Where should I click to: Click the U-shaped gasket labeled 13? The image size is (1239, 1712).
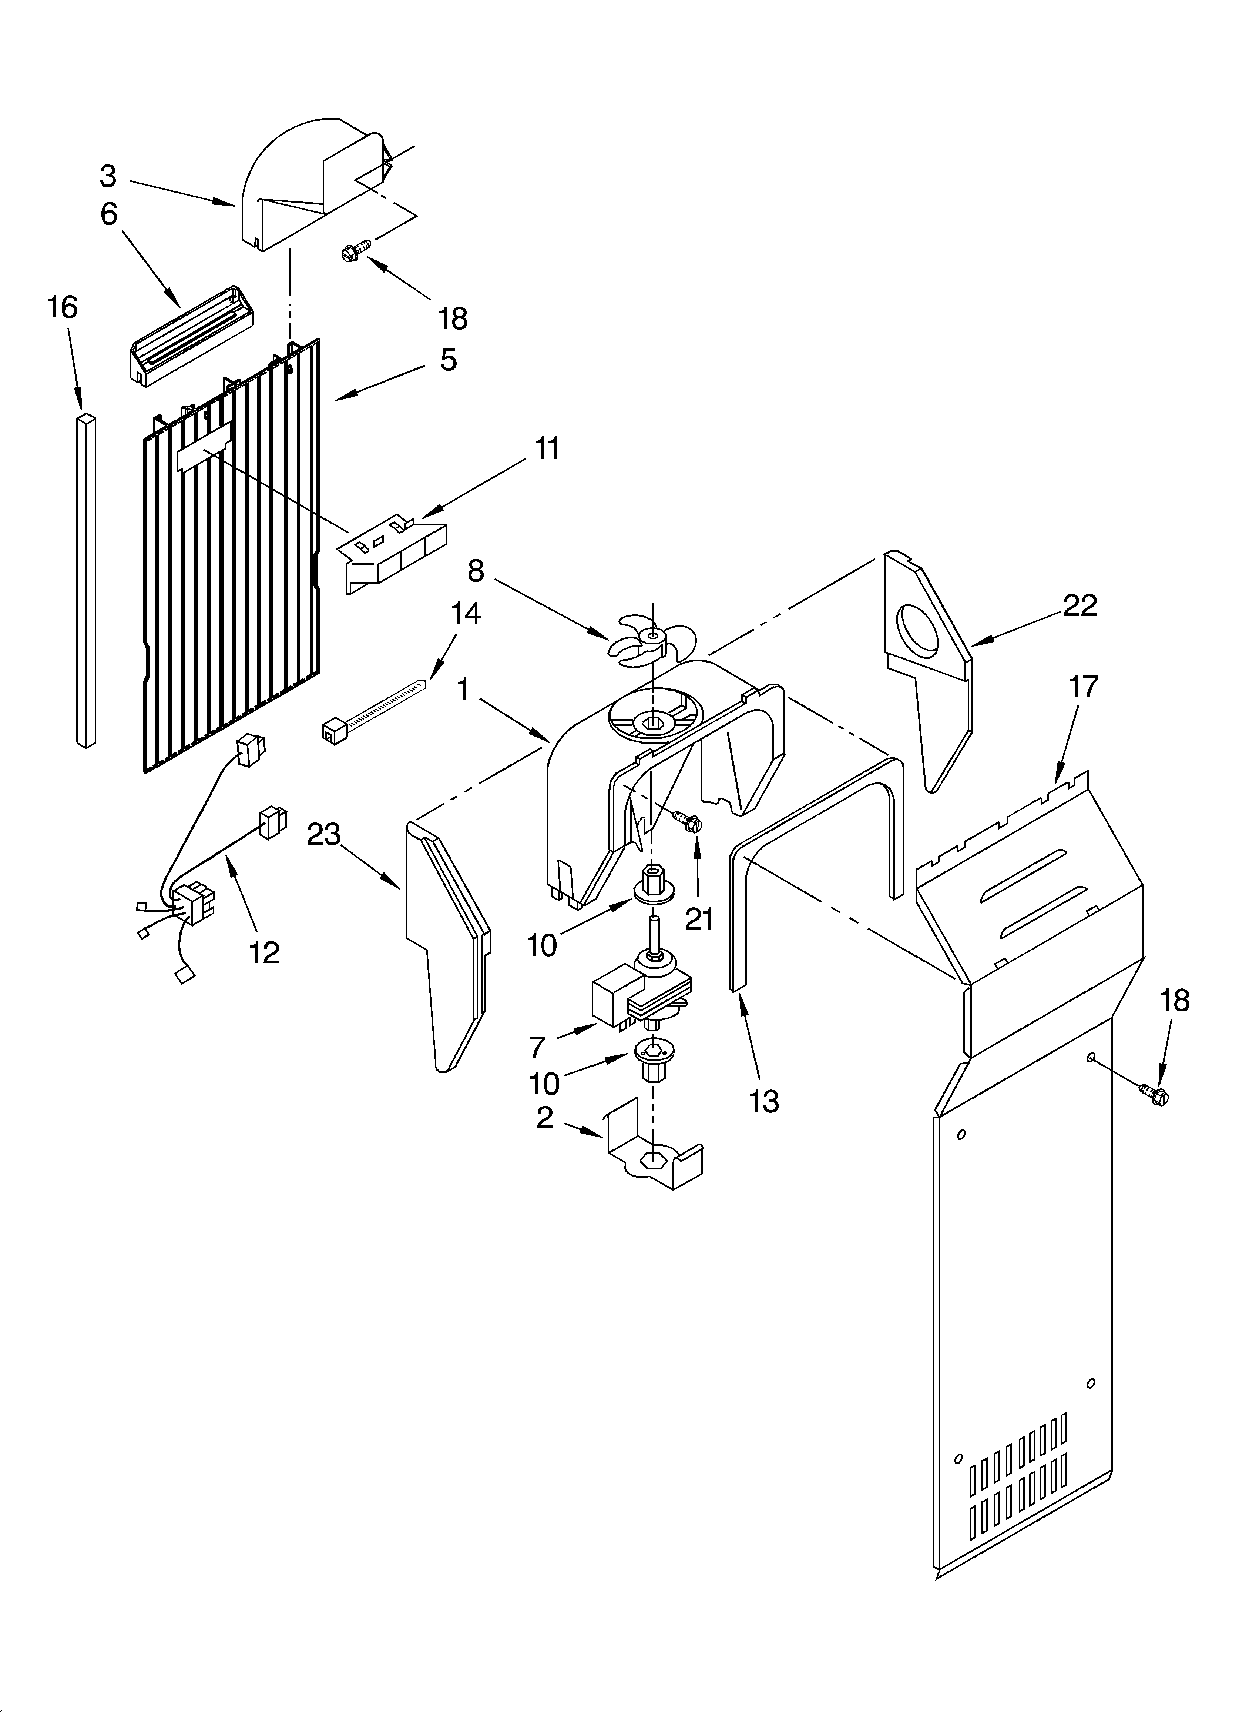[x=815, y=853]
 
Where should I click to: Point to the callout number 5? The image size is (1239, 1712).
[x=448, y=361]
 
